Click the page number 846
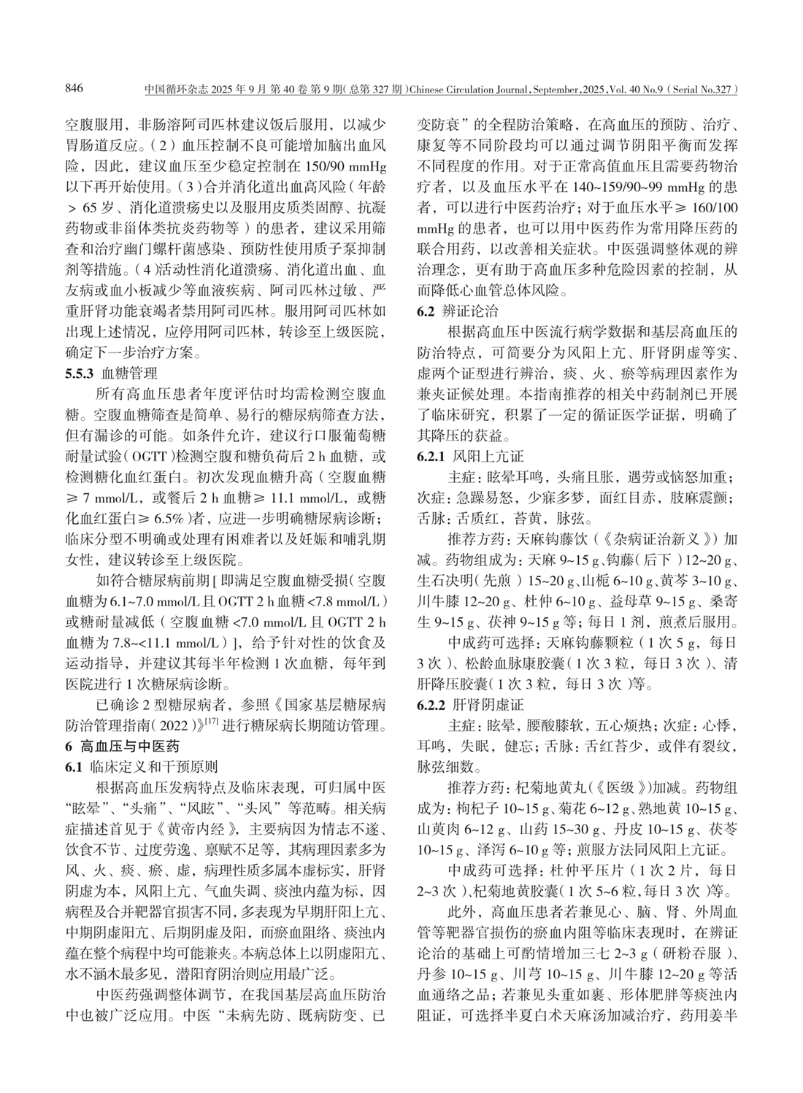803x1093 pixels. point(74,90)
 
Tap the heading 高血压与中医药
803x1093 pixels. point(125,746)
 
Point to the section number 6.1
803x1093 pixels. point(73,766)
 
